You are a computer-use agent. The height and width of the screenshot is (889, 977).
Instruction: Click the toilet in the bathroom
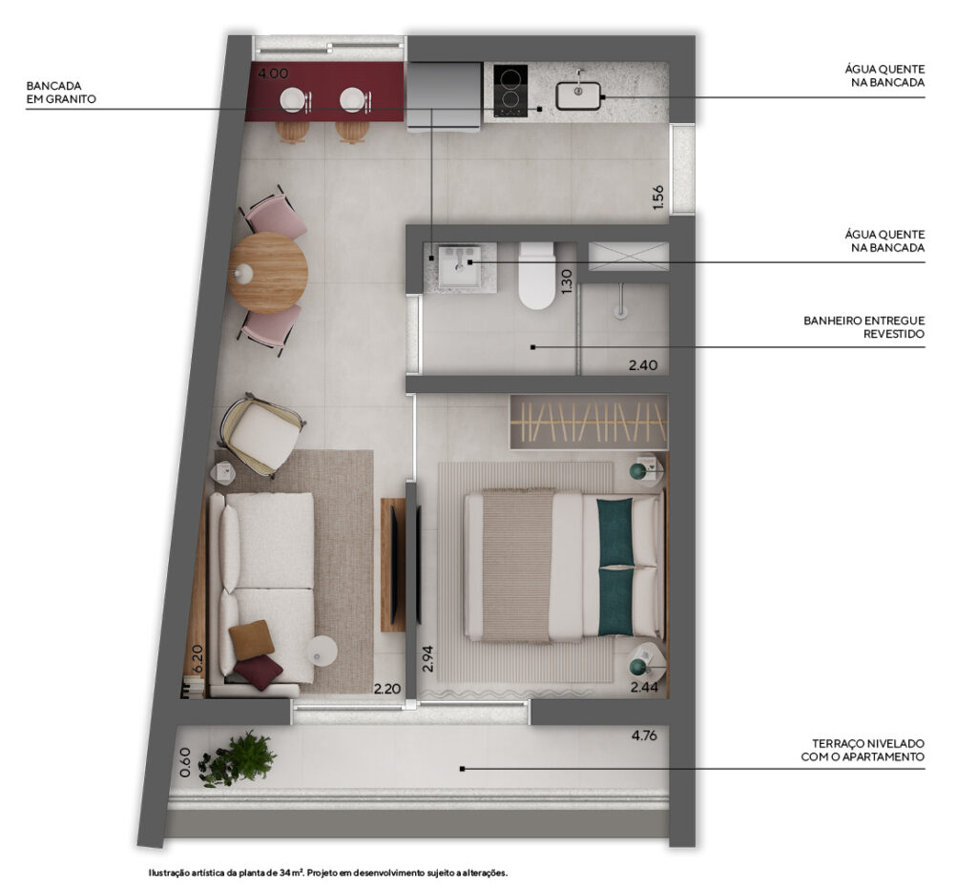pos(536,276)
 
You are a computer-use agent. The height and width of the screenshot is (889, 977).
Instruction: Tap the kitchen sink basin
pos(578,96)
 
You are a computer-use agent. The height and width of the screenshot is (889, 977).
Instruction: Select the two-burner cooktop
pos(510,91)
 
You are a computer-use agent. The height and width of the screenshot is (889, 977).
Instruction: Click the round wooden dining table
pos(268,273)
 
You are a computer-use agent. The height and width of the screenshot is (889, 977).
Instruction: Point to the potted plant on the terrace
pos(237,758)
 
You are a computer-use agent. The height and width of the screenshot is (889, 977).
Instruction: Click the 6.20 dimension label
pos(197,658)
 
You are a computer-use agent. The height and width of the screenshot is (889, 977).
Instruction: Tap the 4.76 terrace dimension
pos(644,735)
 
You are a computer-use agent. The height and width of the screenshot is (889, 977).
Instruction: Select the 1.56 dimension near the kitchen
pos(658,197)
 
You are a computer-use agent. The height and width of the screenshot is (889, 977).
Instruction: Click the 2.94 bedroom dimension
pos(427,658)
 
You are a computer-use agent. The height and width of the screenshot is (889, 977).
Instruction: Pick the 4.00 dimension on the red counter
pos(273,73)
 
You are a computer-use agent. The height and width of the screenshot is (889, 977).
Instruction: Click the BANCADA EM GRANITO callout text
pos(61,93)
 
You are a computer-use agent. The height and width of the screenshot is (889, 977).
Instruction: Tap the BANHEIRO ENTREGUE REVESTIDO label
pos(863,327)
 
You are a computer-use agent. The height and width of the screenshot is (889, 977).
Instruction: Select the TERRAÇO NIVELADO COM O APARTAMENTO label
pos(863,750)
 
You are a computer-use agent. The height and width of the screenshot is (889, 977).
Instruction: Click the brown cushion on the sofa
pos(251,639)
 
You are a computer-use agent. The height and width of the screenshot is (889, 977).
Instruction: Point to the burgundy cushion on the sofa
pos(258,672)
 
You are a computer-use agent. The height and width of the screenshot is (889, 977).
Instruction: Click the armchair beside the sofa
pos(263,434)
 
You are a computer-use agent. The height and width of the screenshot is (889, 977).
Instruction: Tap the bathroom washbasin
pos(459,266)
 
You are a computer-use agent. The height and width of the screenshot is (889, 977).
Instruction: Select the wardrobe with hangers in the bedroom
pos(588,422)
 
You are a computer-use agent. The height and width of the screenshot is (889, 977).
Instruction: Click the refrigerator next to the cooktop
pos(445,96)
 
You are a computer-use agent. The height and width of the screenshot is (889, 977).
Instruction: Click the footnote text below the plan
pos(328,873)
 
